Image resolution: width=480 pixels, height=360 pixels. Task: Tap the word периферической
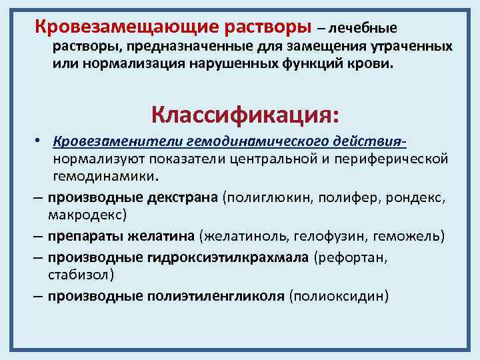[393, 160]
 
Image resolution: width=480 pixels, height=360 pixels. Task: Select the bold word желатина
[167, 236]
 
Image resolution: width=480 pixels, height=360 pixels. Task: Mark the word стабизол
[78, 274]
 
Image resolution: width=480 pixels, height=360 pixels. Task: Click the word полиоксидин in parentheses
[338, 295]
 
